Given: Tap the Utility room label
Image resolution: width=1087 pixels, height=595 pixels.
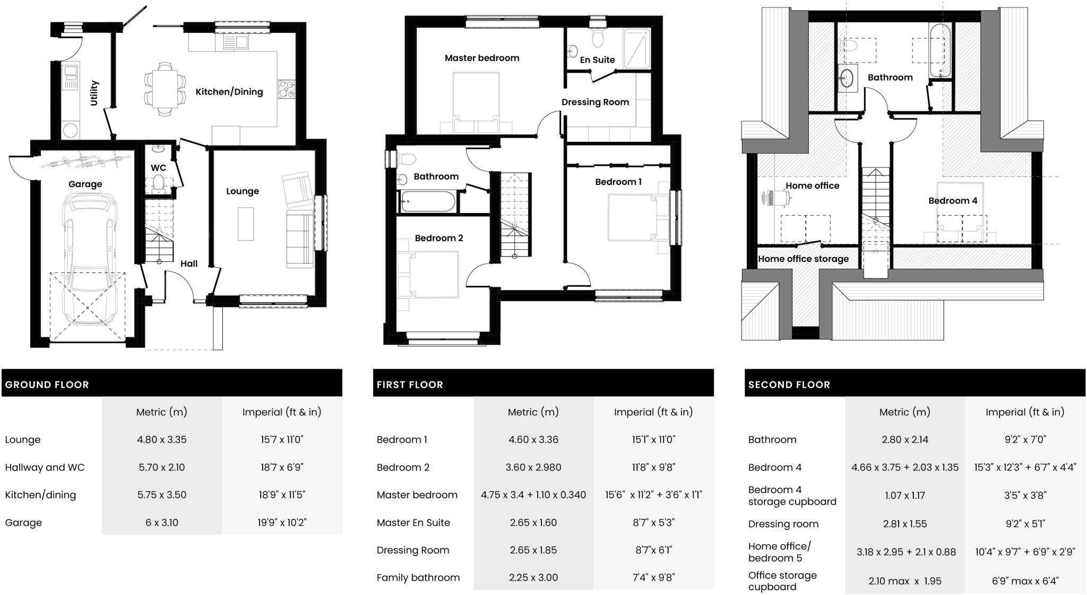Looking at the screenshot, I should pyautogui.click(x=94, y=93).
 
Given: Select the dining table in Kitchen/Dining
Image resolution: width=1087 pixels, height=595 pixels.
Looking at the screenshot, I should pyautogui.click(x=165, y=89).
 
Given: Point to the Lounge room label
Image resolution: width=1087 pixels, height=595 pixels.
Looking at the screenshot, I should pyautogui.click(x=243, y=191).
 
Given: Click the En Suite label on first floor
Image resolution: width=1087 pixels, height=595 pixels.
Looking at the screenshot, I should pyautogui.click(x=597, y=60).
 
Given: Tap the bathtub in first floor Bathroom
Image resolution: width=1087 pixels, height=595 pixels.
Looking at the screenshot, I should pyautogui.click(x=427, y=202).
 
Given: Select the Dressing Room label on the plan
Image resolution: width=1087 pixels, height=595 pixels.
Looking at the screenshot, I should pyautogui.click(x=595, y=102).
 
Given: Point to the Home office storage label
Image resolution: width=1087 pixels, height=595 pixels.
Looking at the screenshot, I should pyautogui.click(x=803, y=259).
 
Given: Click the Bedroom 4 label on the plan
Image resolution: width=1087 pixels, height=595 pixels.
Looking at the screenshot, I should pyautogui.click(x=953, y=201).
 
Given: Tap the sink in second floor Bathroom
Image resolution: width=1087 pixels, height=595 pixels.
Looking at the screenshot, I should pyautogui.click(x=847, y=79).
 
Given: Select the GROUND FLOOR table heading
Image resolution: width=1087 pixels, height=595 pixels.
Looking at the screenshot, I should pyautogui.click(x=47, y=385).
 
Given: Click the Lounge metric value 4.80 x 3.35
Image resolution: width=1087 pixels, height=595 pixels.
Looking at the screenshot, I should pyautogui.click(x=161, y=440).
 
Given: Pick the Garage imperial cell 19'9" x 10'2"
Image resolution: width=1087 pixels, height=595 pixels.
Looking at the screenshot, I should pyautogui.click(x=282, y=523).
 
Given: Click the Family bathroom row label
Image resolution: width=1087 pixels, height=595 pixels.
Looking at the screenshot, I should pyautogui.click(x=418, y=578).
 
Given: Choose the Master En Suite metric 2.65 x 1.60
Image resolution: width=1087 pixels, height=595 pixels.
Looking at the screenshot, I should pyautogui.click(x=533, y=523).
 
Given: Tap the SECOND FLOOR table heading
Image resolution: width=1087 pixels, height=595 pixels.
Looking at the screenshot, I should pyautogui.click(x=789, y=385).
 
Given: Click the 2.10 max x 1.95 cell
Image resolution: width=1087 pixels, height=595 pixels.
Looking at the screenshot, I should pyautogui.click(x=904, y=581).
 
